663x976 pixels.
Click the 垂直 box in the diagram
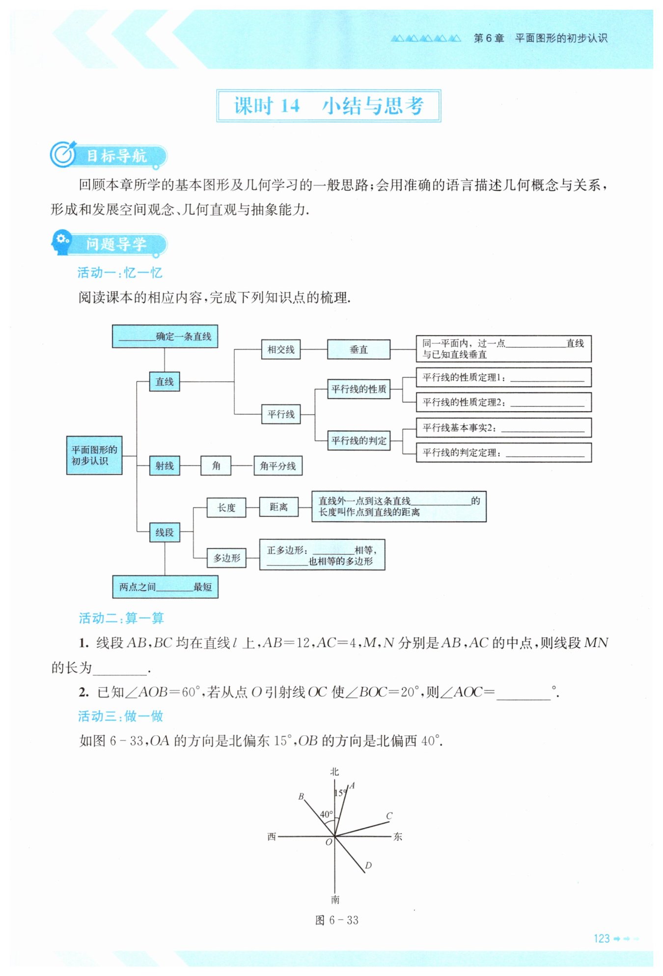click(359, 349)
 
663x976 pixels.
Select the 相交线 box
click(280, 349)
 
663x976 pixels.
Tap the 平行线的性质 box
click(359, 389)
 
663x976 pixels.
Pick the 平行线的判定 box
click(359, 440)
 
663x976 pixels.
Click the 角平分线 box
click(277, 466)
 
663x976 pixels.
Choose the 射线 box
click(165, 466)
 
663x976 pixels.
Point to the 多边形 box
click(226, 558)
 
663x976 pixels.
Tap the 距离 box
click(278, 507)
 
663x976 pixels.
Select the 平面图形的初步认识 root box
click(94, 455)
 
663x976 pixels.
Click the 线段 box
click(165, 532)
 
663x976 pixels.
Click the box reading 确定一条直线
click(165, 336)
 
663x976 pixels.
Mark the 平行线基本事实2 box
click(503, 427)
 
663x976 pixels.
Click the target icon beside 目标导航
click(63, 155)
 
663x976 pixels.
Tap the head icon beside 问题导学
click(62, 242)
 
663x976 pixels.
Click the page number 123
click(602, 939)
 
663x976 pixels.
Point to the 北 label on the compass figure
click(334, 772)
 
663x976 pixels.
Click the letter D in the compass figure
click(368, 865)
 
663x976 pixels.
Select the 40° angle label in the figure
click(327, 814)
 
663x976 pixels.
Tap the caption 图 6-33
click(337, 920)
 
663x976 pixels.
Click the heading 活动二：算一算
click(121, 618)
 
